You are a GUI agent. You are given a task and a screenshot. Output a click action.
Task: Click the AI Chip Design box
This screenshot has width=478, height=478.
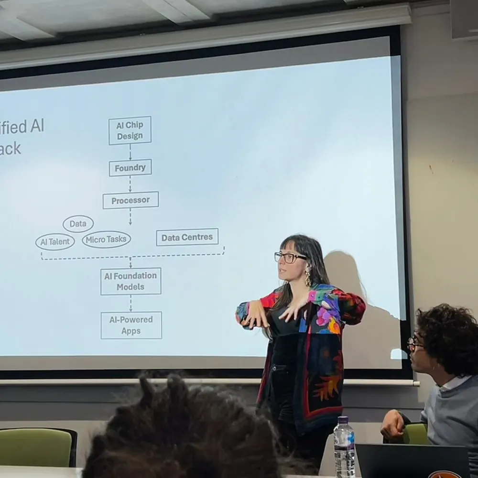click(x=130, y=130)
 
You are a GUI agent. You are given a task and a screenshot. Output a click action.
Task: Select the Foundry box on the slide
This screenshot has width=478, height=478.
click(x=130, y=168)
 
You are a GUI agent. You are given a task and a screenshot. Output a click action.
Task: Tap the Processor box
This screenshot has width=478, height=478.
click(x=130, y=200)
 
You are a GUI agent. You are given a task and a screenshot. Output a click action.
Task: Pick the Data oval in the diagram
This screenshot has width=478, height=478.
click(x=78, y=224)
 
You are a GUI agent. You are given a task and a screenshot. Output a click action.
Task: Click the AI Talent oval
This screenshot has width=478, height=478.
click(x=55, y=242)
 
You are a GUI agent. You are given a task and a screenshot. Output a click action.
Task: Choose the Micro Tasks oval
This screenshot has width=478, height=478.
click(x=106, y=239)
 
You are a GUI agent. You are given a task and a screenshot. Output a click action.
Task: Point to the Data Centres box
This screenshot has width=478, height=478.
click(x=187, y=237)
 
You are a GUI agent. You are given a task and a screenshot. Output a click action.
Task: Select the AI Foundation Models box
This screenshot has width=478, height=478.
click(x=130, y=281)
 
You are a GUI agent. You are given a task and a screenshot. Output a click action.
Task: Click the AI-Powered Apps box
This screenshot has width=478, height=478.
click(x=131, y=325)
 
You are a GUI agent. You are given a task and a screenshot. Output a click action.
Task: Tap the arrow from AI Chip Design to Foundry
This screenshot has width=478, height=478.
click(x=130, y=152)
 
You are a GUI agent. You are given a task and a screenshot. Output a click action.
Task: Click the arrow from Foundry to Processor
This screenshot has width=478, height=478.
click(x=130, y=184)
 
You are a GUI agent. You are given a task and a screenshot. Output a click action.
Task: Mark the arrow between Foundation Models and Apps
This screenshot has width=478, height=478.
click(x=130, y=304)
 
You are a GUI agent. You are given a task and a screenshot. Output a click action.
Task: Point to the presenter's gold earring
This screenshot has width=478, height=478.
click(x=307, y=278)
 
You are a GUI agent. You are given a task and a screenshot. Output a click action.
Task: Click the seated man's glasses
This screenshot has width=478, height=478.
click(x=414, y=343)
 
